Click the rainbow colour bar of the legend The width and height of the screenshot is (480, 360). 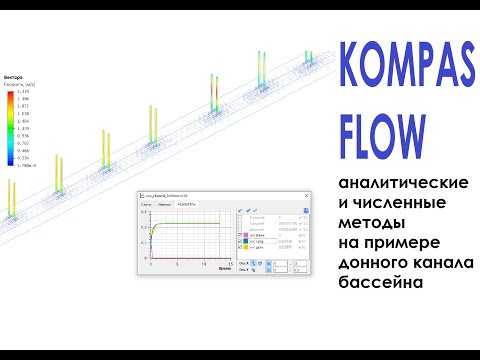11,125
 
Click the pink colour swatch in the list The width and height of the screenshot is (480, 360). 246,235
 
